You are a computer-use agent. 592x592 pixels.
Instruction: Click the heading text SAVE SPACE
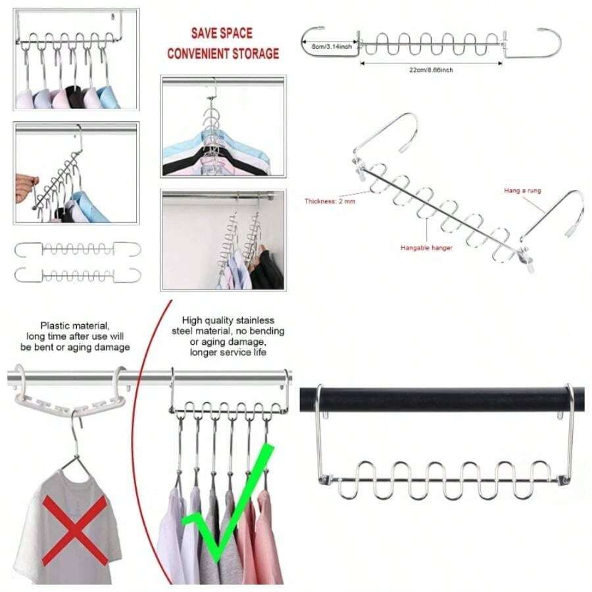(x=222, y=33)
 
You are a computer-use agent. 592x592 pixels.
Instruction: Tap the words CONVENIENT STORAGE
(x=222, y=53)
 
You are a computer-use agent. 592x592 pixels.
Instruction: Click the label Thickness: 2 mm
(x=330, y=201)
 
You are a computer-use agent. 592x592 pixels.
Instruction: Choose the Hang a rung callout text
(x=523, y=190)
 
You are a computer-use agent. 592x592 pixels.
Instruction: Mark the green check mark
(x=227, y=506)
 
